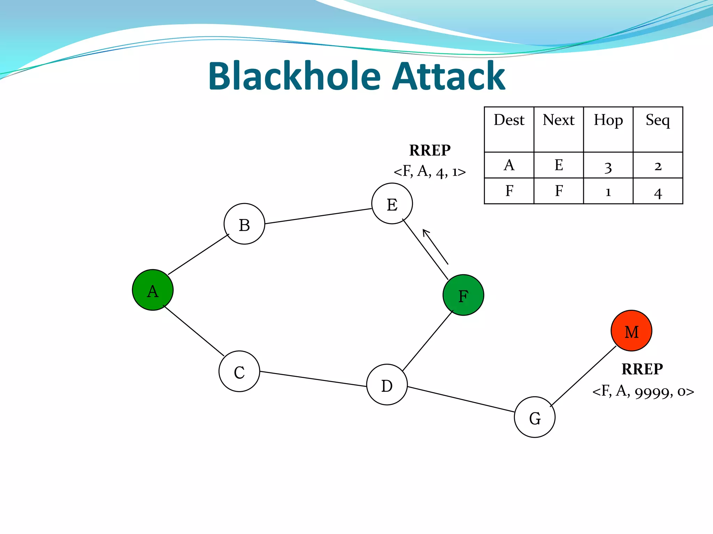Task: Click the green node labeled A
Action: pyautogui.click(x=152, y=290)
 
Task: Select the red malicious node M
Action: pyautogui.click(x=631, y=331)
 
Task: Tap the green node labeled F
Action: pyautogui.click(x=463, y=295)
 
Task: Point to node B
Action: pyautogui.click(x=244, y=224)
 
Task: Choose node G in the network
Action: pyautogui.click(x=534, y=417)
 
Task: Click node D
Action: pyautogui.click(x=387, y=385)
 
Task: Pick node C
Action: pyautogui.click(x=239, y=371)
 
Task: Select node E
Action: pyautogui.click(x=392, y=204)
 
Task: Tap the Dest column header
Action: pyautogui.click(x=509, y=120)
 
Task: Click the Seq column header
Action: pyautogui.click(x=658, y=120)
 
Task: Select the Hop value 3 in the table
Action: pyautogui.click(x=608, y=167)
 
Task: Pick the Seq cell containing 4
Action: pyautogui.click(x=658, y=192)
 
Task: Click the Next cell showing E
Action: pyautogui.click(x=558, y=165)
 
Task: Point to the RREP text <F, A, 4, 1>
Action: pyautogui.click(x=430, y=171)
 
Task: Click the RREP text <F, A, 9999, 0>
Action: pyautogui.click(x=643, y=391)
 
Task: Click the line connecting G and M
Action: pyautogui.click(x=583, y=376)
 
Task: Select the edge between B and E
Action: pyautogui.click(x=318, y=216)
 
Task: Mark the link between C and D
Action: pyautogui.click(x=313, y=379)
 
